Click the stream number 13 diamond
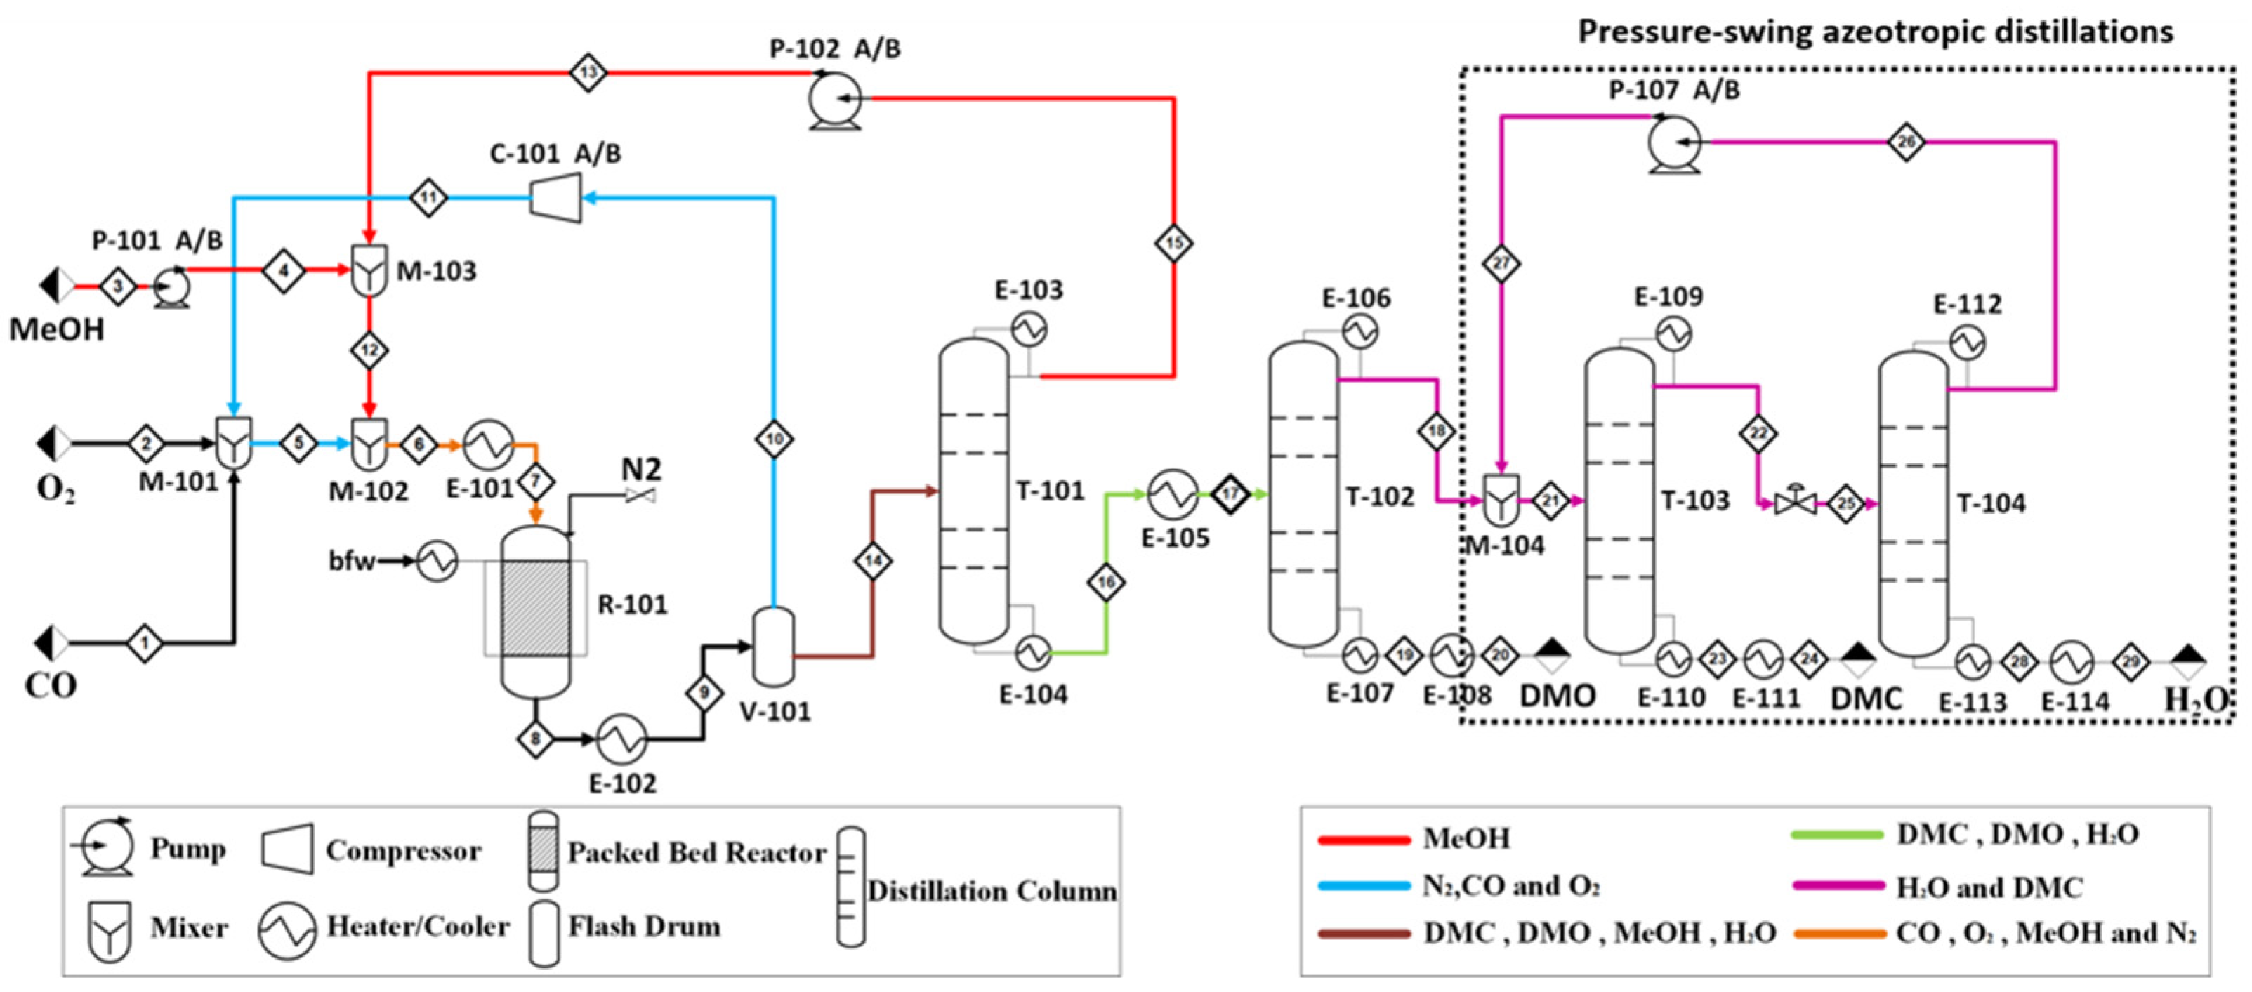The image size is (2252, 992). coord(588,72)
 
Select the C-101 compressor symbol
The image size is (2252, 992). coord(556,197)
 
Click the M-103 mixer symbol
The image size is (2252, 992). coord(369,272)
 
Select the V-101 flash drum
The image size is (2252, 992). coord(774,647)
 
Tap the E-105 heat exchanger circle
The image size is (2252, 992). coord(1172,495)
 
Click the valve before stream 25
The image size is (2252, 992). coord(1796,503)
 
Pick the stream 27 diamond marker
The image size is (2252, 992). coord(1501,264)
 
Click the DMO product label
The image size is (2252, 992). coord(1558,696)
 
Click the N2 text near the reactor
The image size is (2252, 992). coord(641,470)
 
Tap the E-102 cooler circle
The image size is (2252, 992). coord(621,739)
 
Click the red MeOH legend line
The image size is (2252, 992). coord(1364,840)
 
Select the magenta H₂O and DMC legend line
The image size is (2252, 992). coord(1838,885)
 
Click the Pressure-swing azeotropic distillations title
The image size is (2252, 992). coord(1875,32)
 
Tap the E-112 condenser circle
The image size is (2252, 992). coord(1966,343)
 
